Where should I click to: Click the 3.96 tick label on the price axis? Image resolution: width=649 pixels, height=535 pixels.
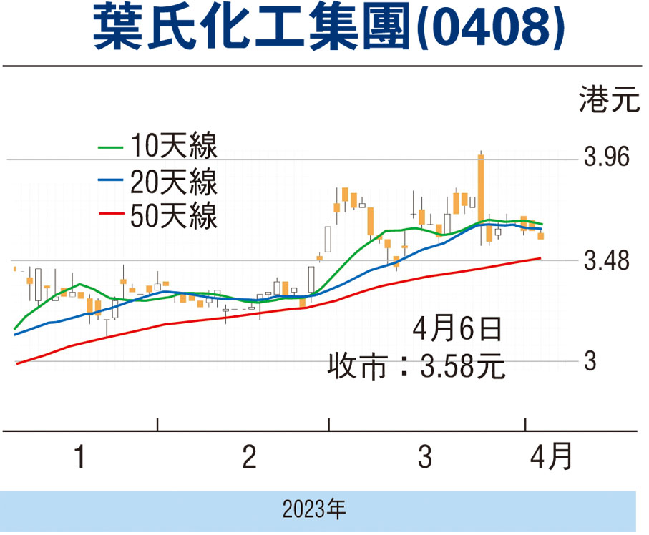(x=607, y=157)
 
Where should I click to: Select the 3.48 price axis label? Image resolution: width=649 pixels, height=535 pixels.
(x=607, y=262)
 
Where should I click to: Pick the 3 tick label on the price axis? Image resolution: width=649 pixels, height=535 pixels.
(x=590, y=362)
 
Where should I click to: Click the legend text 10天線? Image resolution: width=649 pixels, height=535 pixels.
(x=173, y=148)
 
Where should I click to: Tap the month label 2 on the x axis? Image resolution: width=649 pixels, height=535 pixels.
(x=249, y=457)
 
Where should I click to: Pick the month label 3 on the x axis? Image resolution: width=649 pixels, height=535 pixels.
(x=425, y=457)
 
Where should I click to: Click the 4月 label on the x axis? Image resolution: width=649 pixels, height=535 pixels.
(x=552, y=456)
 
